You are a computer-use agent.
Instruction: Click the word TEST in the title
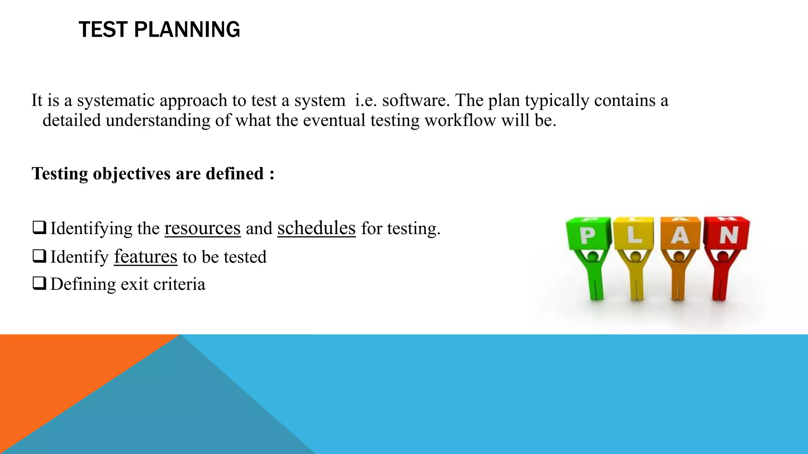pos(103,30)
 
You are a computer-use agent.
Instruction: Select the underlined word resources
pos(202,228)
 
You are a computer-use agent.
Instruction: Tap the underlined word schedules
pos(316,228)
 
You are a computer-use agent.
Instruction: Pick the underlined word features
pos(146,257)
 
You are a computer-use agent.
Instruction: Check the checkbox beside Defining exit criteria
pos(39,283)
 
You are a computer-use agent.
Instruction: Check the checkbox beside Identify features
pos(39,256)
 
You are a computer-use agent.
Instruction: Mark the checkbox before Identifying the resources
pos(39,228)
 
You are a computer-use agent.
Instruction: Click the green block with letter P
pos(588,234)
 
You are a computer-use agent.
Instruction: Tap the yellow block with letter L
pos(634,234)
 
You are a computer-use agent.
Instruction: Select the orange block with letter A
pos(679,234)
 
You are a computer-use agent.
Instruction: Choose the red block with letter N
pos(727,234)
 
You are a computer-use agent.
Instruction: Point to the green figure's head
pos(593,257)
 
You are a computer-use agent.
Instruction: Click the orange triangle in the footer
pos(59,374)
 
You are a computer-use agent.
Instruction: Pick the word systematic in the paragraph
pos(116,100)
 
